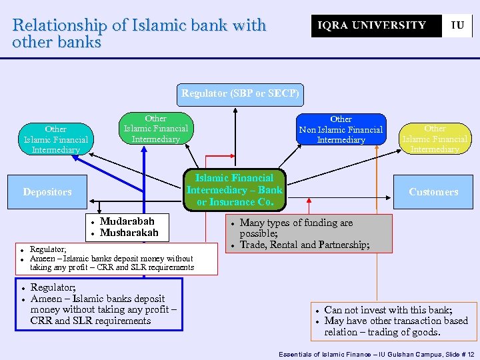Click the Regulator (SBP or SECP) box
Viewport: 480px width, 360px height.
pyautogui.click(x=241, y=94)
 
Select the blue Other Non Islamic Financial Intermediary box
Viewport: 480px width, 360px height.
pyautogui.click(x=341, y=129)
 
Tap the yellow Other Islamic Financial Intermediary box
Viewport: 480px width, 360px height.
pyautogui.click(x=435, y=139)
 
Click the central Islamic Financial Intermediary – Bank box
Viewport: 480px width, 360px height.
pyautogui.click(x=235, y=189)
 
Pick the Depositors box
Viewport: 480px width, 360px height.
pyautogui.click(x=47, y=192)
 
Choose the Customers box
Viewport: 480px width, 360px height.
pyautogui.click(x=433, y=192)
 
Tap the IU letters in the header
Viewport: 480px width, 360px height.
pyautogui.click(x=457, y=25)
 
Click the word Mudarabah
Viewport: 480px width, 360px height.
pyautogui.click(x=127, y=221)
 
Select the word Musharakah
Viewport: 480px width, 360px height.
pyautogui.click(x=129, y=233)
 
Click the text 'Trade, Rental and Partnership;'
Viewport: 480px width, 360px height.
pyautogui.click(x=305, y=245)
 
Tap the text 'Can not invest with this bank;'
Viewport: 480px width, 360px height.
pyautogui.click(x=388, y=310)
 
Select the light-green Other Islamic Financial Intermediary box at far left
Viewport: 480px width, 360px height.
pyautogui.click(x=56, y=139)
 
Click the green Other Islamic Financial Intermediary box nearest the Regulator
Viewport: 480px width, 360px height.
pyautogui.click(x=156, y=129)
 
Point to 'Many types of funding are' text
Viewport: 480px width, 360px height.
pyautogui.click(x=296, y=223)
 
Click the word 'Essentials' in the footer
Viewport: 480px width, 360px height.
pyautogui.click(x=297, y=353)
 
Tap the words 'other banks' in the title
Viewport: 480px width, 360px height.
pyautogui.click(x=57, y=42)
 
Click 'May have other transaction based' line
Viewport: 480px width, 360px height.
pyautogui.click(x=396, y=321)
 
